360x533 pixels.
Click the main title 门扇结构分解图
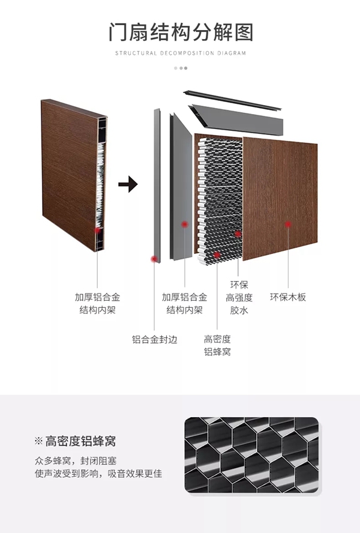tap(181, 32)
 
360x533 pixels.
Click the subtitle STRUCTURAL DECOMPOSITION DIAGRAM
tap(181, 53)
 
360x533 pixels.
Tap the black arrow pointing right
tap(128, 184)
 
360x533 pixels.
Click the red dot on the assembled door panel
tap(98, 230)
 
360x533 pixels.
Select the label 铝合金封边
tap(155, 339)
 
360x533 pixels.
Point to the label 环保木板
tap(288, 297)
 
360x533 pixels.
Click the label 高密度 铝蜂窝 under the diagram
tap(217, 345)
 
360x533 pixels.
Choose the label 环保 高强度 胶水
tap(239, 298)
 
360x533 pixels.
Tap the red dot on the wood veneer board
tap(288, 224)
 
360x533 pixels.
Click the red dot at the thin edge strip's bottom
tap(154, 259)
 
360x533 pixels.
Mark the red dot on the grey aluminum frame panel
tap(185, 224)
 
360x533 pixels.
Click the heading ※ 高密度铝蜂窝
tap(75, 441)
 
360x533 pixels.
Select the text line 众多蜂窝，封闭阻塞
tap(76, 461)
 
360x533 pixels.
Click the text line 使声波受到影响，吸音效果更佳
tap(98, 474)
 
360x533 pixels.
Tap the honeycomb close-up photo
tap(252, 455)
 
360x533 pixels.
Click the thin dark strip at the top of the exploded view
tap(233, 100)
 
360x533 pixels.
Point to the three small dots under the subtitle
tap(181, 68)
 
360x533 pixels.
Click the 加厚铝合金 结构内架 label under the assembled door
tap(98, 304)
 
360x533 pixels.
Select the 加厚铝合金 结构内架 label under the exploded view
tap(185, 304)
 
